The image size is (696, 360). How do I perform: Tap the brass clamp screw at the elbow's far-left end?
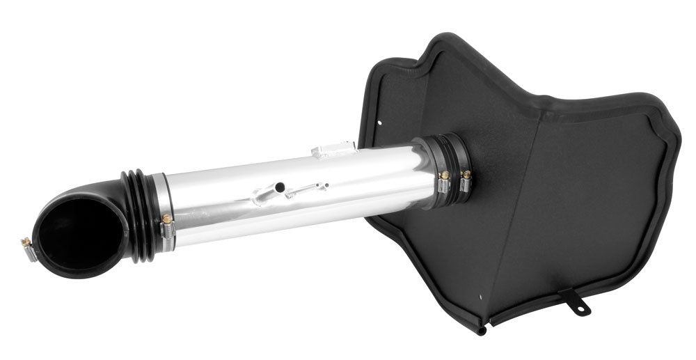(26, 242)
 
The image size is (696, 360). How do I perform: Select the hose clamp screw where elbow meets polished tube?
(167, 219)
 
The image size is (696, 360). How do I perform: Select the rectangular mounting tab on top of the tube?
(333, 149)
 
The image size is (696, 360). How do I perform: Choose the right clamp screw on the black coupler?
(465, 174)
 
